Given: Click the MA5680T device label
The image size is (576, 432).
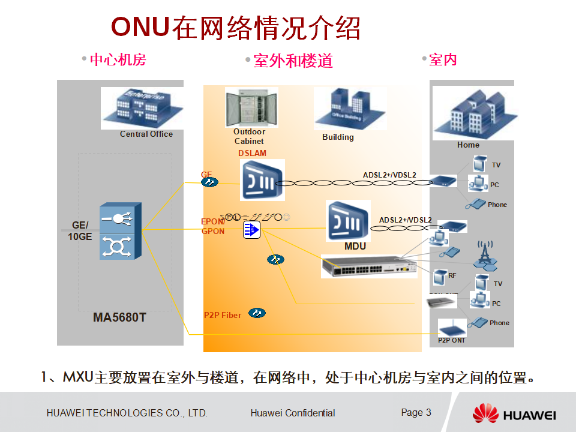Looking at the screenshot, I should point(119,317).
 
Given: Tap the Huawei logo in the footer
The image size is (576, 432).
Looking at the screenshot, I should point(514,413).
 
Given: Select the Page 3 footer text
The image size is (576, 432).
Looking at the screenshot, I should point(416,412).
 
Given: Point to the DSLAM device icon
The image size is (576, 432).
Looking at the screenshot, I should point(262,179).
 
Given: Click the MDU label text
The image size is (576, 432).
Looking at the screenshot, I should point(355,247).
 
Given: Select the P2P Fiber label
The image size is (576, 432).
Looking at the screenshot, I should point(223,315).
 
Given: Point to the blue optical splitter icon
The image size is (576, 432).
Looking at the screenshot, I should point(251,229).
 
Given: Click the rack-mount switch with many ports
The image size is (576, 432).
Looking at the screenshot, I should point(368,265).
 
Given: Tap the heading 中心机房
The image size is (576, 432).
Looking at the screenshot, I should point(118,59).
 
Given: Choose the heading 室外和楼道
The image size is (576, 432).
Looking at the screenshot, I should point(293,61).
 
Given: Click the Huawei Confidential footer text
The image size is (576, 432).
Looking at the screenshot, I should point(293,413).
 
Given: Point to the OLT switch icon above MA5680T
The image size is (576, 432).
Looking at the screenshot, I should point(121,230).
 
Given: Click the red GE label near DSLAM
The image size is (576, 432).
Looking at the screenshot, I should point(206,175).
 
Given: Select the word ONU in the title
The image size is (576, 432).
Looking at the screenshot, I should point(140,28).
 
